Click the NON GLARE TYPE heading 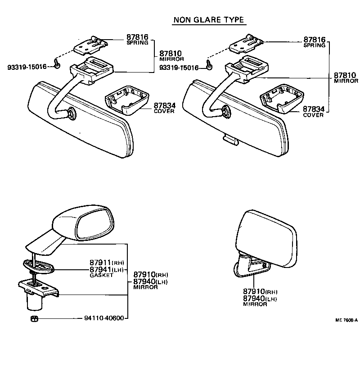click(x=208, y=20)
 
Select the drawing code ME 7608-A click(x=346, y=320)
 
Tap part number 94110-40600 click(x=103, y=318)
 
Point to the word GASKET click(x=101, y=275)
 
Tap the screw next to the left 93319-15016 click(x=57, y=64)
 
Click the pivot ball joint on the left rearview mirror click(x=71, y=114)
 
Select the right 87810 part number click(x=345, y=75)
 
